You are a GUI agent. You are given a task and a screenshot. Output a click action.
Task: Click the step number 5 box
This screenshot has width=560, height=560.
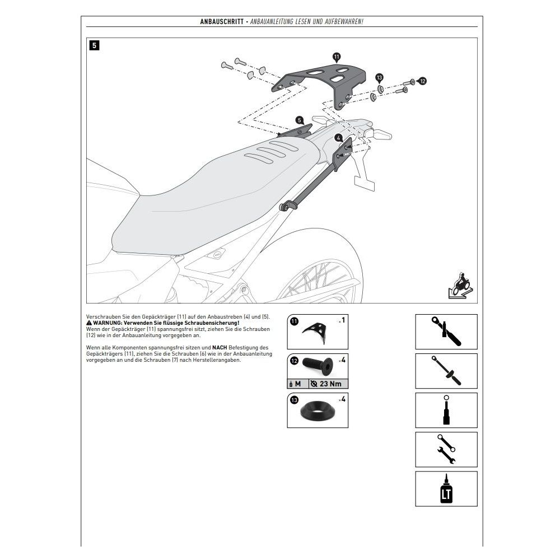(94, 46)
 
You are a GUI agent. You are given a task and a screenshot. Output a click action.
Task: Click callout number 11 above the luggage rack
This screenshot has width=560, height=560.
(337, 57)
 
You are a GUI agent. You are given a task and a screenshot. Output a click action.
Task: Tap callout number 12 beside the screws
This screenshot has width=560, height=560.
(422, 81)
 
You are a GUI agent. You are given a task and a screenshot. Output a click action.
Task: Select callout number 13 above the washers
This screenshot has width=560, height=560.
(379, 77)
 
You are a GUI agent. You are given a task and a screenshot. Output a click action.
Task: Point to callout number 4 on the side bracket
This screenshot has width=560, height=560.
(339, 137)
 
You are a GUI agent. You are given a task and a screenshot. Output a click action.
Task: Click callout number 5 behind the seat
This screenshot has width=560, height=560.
(299, 120)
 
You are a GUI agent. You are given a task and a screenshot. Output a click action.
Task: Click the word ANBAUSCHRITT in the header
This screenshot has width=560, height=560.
(221, 21)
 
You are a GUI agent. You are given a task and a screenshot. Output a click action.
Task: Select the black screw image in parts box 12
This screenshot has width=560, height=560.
(317, 363)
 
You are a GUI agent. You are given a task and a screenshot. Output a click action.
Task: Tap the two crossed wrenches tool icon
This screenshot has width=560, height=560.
(446, 449)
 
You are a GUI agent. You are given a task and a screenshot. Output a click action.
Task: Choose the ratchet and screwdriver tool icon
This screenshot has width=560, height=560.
(446, 332)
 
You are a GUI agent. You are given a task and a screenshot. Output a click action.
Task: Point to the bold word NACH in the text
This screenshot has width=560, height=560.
(219, 348)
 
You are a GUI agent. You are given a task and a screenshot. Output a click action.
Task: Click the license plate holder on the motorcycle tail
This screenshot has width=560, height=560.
(363, 181)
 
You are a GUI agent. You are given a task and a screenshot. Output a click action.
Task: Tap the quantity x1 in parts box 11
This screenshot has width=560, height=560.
(341, 320)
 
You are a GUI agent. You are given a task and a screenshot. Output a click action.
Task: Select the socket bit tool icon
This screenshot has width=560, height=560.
(446, 410)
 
